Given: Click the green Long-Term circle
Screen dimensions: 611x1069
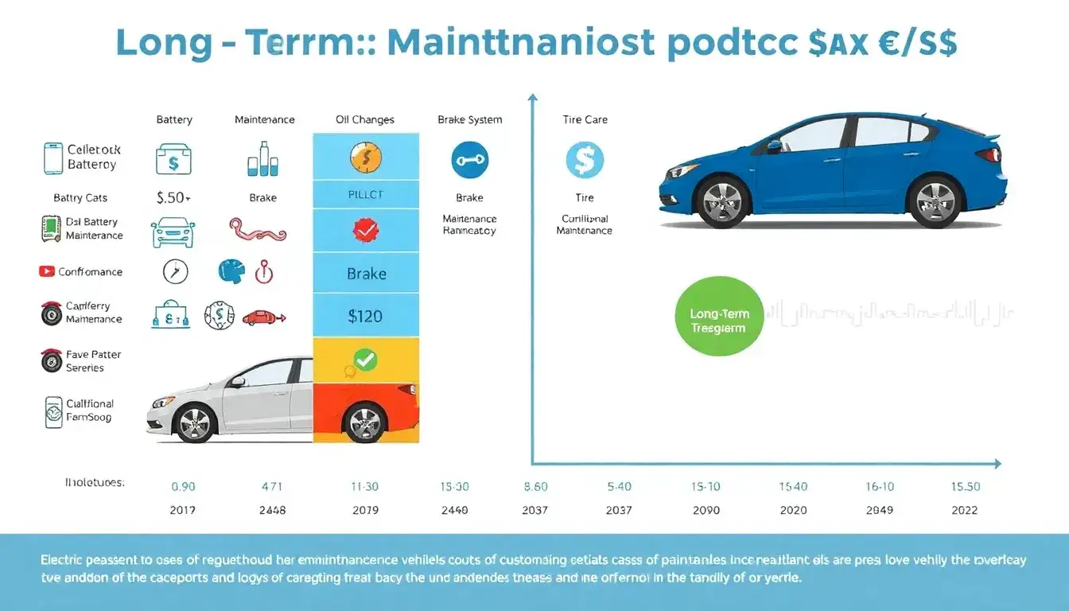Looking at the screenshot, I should point(718,316).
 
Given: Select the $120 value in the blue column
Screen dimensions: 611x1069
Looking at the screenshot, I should point(365,316).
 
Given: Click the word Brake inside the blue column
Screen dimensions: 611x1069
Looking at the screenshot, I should point(366,274).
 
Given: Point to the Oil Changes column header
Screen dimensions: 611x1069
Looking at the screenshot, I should point(365,119).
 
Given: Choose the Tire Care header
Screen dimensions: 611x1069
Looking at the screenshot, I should point(585,119).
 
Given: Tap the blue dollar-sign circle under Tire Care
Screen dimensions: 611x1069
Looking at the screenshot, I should point(585,159).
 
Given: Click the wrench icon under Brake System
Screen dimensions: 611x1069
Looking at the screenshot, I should point(469,159).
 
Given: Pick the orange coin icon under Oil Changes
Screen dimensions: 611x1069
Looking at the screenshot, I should point(366,158).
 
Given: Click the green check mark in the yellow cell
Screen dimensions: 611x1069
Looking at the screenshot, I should point(364,360).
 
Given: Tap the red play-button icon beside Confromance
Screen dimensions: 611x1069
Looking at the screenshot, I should point(46,271).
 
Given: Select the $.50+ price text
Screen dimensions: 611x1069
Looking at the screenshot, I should point(173,197).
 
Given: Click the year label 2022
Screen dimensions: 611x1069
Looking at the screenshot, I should point(965,510).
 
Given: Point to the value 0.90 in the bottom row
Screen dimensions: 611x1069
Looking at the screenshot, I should point(183,486).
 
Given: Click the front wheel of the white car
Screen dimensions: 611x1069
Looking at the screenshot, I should point(194,423).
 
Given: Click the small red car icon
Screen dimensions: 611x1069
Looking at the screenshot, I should point(263,317).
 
